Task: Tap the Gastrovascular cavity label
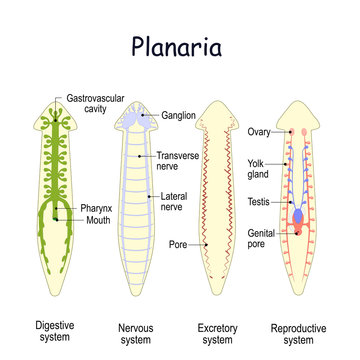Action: (95, 104)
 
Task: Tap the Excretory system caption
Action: (221, 307)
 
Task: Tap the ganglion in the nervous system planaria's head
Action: (138, 117)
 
